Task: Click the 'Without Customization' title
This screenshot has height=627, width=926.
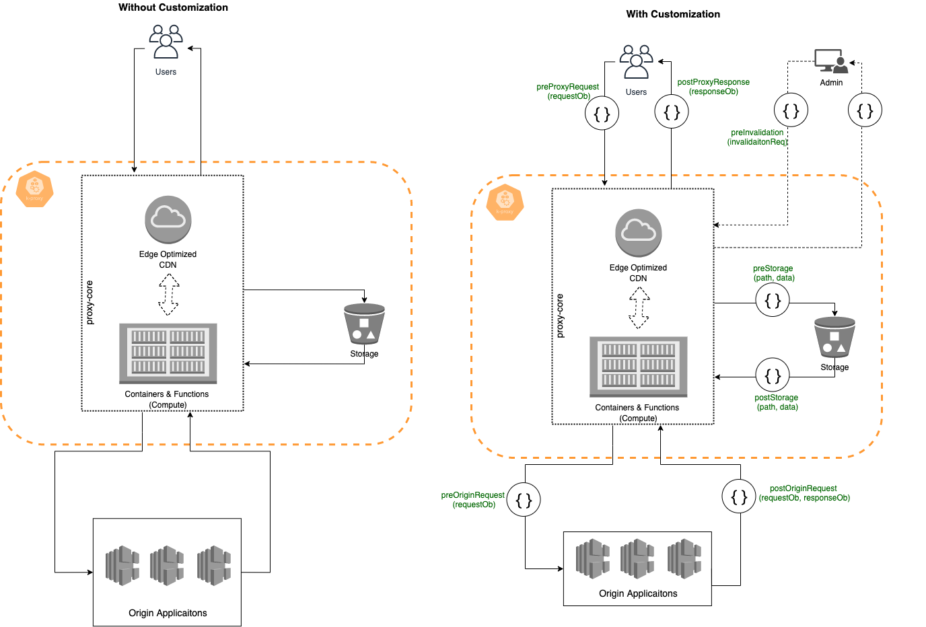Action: tap(173, 7)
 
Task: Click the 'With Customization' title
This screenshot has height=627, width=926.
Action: tap(673, 14)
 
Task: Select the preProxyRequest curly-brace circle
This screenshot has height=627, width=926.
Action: tap(602, 114)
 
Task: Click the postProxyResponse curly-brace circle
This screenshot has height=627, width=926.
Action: tap(672, 112)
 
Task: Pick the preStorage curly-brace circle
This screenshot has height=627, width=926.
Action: tap(773, 300)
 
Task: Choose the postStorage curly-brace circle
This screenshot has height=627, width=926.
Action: tap(773, 375)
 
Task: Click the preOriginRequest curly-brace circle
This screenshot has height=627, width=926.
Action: tap(524, 500)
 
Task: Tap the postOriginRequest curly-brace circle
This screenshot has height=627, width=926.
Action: tap(739, 496)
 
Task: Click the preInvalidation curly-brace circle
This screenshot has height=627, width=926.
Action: tap(791, 110)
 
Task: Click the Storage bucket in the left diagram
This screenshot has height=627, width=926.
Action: tap(364, 324)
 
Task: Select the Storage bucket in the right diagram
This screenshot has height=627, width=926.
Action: tap(834, 338)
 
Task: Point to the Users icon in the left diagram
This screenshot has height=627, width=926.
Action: tap(166, 42)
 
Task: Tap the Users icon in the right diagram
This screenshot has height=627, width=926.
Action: tap(636, 63)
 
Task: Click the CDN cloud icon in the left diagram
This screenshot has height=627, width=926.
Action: tap(168, 219)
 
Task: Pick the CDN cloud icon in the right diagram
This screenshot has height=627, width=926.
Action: tap(639, 233)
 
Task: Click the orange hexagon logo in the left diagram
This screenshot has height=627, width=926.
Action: tap(34, 188)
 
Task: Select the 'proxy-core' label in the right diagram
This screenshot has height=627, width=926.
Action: tap(560, 316)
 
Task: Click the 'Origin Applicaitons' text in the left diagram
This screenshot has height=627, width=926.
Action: tap(168, 613)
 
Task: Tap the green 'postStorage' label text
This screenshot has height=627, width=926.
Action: tap(776, 398)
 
